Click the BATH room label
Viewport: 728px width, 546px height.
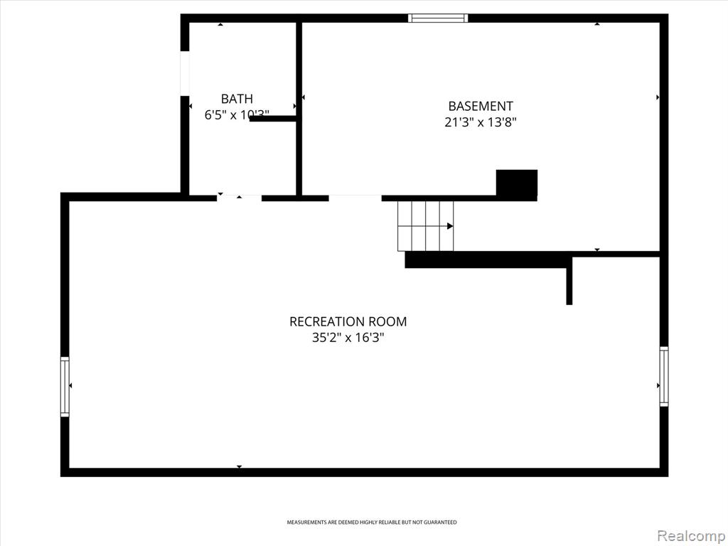[237, 99]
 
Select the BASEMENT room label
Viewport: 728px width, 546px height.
[481, 107]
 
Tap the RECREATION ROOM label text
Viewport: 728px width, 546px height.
[348, 322]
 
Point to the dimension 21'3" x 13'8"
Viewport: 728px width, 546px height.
[481, 122]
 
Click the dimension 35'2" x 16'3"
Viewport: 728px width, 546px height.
[348, 338]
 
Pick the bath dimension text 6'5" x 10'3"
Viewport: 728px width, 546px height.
[237, 114]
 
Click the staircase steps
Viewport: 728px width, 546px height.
[425, 226]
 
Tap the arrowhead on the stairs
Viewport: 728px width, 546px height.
[450, 226]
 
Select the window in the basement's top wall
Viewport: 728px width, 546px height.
[438, 18]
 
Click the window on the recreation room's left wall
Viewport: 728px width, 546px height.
[65, 387]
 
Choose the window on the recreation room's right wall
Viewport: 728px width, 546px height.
[664, 377]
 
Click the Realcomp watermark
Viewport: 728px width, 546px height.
[690, 536]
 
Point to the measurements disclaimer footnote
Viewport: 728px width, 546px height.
[371, 523]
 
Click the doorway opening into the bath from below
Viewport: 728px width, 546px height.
[239, 198]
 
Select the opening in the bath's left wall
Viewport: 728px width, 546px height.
[185, 73]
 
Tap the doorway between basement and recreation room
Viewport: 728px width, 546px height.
[355, 198]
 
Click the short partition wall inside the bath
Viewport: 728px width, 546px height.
[273, 119]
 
